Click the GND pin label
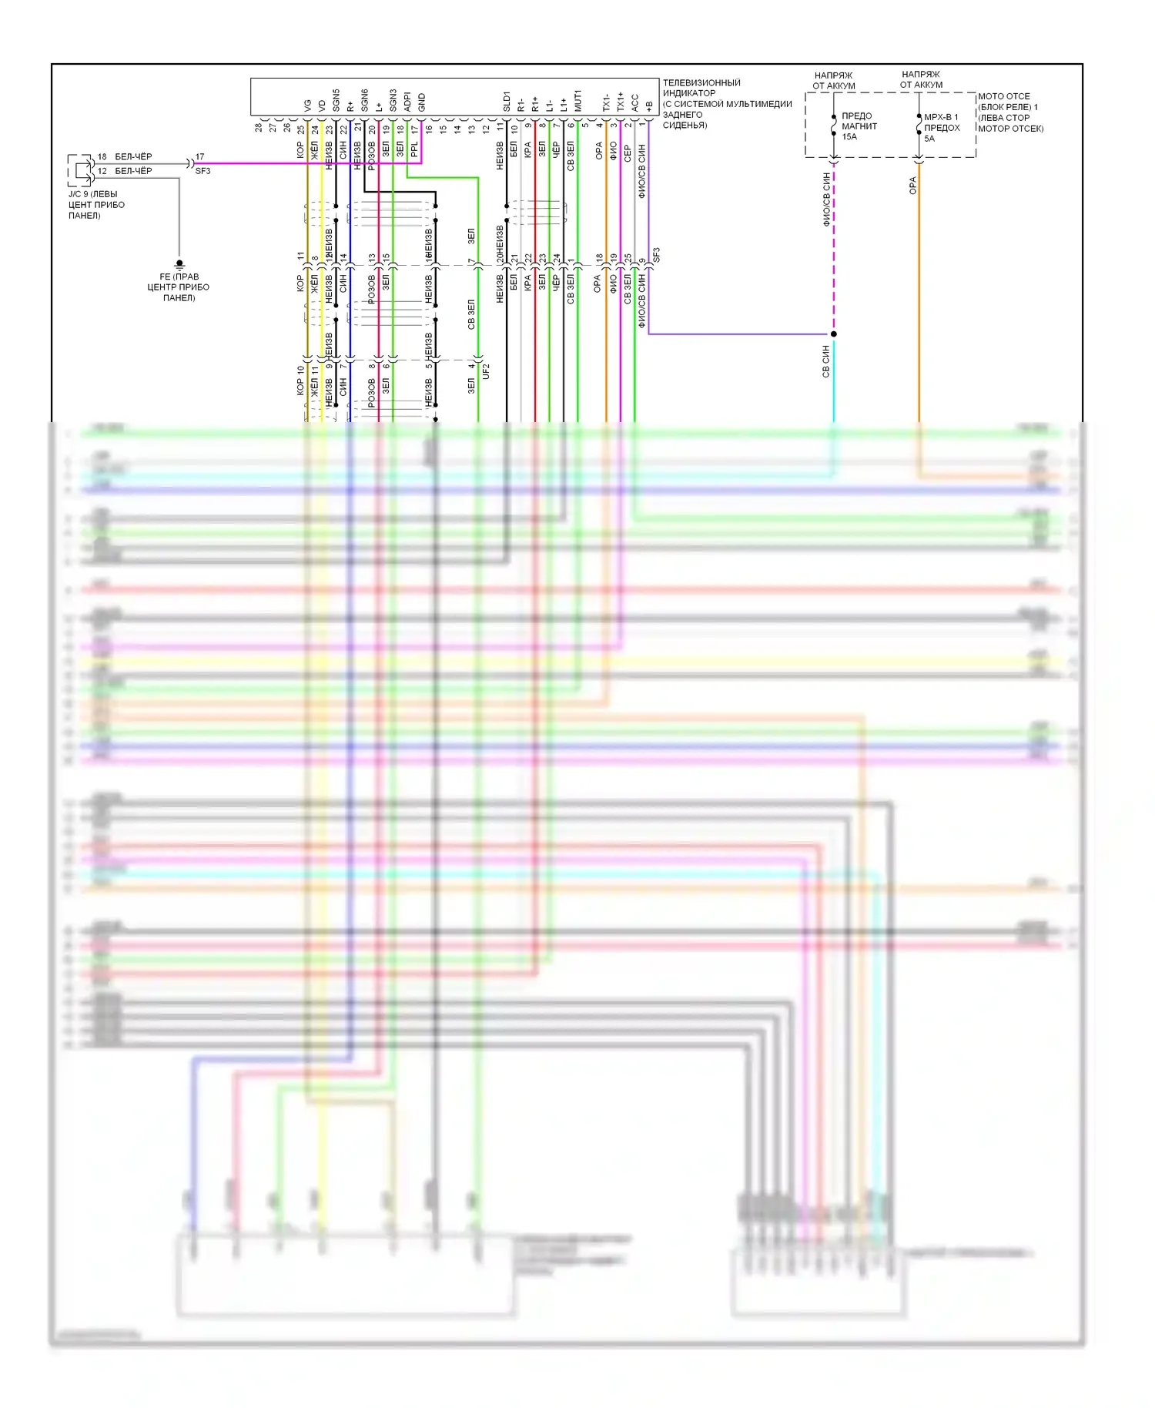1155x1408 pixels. coord(421,102)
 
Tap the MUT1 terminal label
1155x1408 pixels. coord(577,101)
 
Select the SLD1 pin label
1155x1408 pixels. coord(507,102)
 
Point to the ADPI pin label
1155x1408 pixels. coord(407,102)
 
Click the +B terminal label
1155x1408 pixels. coord(648,106)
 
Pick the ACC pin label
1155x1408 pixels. coord(634,103)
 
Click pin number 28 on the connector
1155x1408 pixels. coord(259,127)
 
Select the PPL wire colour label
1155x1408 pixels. coord(414,149)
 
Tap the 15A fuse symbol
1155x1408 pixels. coord(834,126)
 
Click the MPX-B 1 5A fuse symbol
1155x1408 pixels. coord(919,126)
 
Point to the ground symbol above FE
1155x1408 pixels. coord(179,264)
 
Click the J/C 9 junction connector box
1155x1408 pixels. coord(80,170)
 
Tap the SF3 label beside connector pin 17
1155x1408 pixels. coord(203,171)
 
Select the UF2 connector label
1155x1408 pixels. coord(486,371)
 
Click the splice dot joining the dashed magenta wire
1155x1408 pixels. coord(834,334)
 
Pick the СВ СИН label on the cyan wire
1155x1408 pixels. coord(825,360)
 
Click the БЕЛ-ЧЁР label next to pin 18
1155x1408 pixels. coord(133,156)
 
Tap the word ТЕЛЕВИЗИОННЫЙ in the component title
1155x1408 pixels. coord(701,82)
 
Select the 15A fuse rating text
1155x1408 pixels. coord(849,137)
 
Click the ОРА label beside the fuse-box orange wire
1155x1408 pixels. coord(912,186)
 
